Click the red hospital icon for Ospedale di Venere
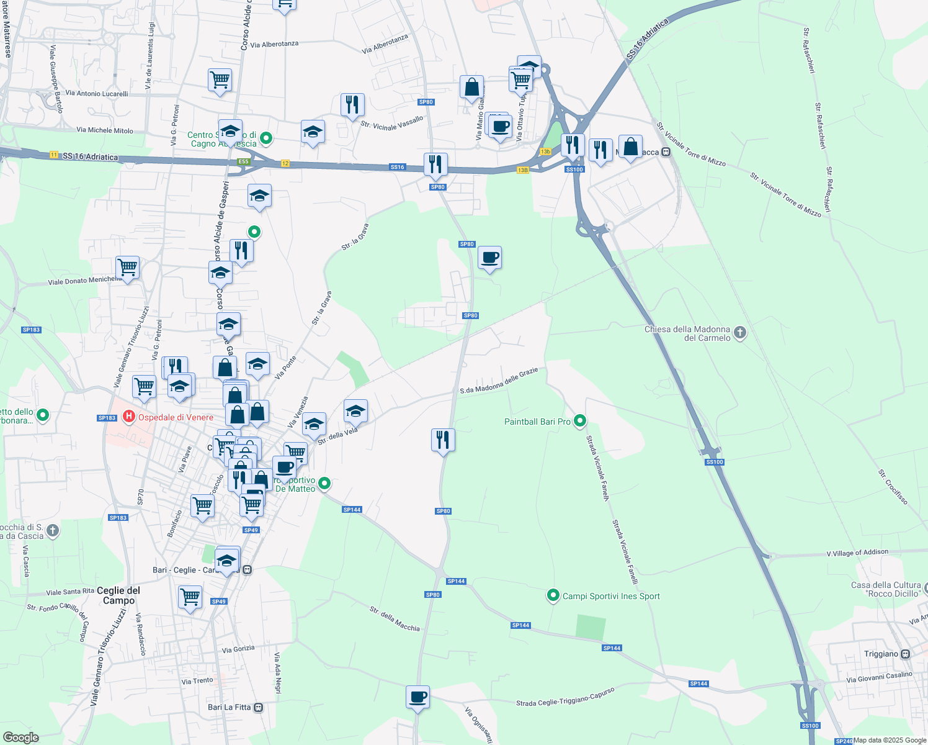[129, 417]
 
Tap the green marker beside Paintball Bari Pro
[580, 422]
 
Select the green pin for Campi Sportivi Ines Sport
[553, 595]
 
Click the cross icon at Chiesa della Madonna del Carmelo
[739, 333]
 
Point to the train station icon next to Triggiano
[905, 654]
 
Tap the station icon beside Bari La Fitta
[259, 707]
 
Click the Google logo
[20, 738]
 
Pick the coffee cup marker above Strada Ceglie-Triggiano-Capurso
[417, 697]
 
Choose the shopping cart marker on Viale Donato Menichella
[127, 268]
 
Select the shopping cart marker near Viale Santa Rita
[190, 597]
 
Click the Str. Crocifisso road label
[893, 487]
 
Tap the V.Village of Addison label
[857, 553]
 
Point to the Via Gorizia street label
[238, 649]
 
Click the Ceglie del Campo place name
[118, 595]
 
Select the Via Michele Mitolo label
[105, 130]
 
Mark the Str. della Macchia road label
[395, 619]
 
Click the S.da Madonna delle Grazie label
[499, 381]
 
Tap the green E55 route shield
[243, 161]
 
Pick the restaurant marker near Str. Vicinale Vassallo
[352, 105]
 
